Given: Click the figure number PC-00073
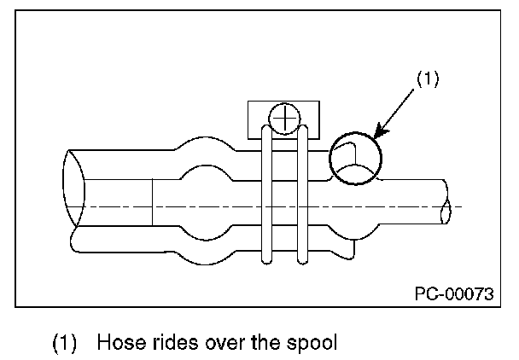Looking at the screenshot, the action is (x=454, y=293).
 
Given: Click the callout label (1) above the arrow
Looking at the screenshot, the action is (x=428, y=78).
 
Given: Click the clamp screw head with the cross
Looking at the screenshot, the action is (x=284, y=119).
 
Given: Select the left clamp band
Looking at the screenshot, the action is (x=267, y=195).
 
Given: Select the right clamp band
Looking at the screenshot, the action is (x=302, y=195).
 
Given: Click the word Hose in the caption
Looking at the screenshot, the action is (x=122, y=342).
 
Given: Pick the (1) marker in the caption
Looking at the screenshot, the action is (x=65, y=343).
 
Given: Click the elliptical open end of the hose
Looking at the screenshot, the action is (x=73, y=189).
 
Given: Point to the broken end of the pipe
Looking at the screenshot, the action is (x=446, y=202).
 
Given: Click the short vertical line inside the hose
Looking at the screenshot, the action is (x=152, y=202).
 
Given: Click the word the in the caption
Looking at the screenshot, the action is (x=265, y=342).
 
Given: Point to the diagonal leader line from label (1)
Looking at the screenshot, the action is (x=394, y=113).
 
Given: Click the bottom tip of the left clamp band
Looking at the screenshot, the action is (x=267, y=264).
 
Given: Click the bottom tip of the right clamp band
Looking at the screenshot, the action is (x=302, y=264).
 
